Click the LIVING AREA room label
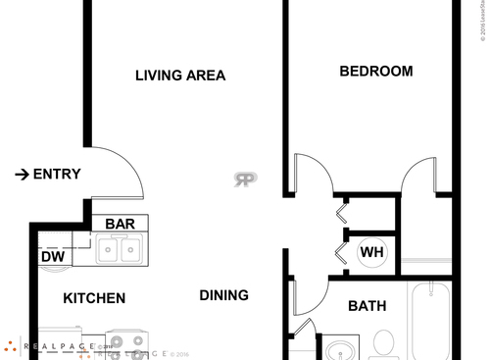180,76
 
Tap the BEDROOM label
375,72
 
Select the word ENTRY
57,175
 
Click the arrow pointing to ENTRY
22,175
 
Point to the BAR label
120,224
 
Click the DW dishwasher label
52,257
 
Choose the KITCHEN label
94,298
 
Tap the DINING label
223,295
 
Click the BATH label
367,306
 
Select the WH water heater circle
371,253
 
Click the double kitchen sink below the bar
121,249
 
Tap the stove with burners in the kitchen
125,343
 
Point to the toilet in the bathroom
384,343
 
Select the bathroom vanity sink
341,347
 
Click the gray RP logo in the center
245,180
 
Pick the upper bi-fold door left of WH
341,212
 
